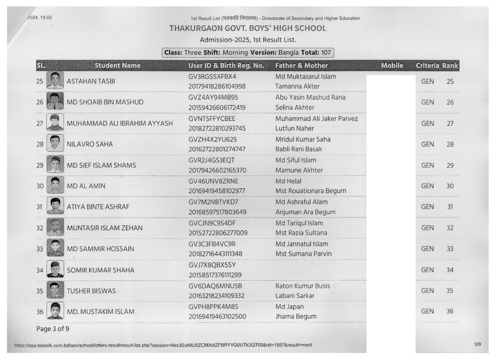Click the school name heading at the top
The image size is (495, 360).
(x=248, y=28)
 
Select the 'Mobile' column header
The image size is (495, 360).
(x=392, y=65)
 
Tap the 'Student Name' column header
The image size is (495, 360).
(x=117, y=65)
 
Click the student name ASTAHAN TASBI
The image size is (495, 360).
(x=91, y=81)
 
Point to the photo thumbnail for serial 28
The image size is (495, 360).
(x=55, y=143)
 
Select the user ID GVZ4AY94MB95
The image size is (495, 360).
(x=213, y=97)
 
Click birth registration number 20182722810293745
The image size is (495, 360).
(x=217, y=128)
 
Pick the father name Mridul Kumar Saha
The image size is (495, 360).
(x=303, y=139)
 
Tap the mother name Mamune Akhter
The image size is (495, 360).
(x=299, y=170)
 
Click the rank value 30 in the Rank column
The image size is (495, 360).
(x=450, y=186)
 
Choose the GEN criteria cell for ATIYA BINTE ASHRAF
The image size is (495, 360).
(x=427, y=207)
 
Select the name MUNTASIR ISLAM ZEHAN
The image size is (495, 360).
(x=105, y=228)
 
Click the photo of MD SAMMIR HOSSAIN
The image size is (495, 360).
(x=55, y=248)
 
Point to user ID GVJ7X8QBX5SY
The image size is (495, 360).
(x=212, y=265)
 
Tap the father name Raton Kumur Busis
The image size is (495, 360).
(x=302, y=286)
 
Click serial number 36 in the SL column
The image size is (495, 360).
(x=40, y=311)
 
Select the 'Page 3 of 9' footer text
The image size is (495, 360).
(x=53, y=329)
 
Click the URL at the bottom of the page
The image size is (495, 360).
(x=163, y=345)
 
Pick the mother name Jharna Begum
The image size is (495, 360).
(x=296, y=316)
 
